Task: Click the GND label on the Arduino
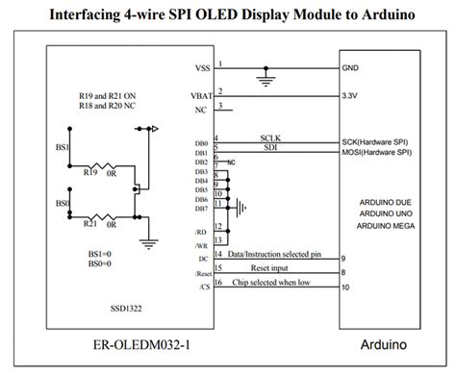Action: tap(350, 69)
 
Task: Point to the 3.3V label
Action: tap(350, 96)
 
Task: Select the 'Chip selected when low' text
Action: tap(272, 283)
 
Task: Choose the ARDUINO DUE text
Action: tap(377, 201)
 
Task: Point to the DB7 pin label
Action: tap(200, 208)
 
